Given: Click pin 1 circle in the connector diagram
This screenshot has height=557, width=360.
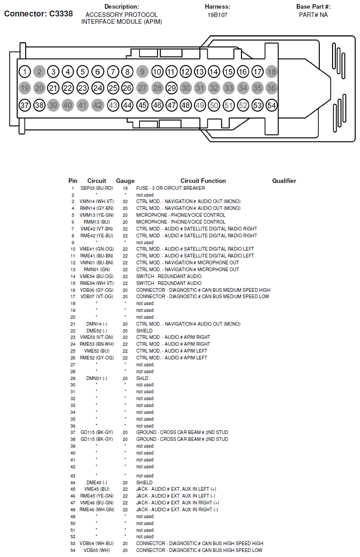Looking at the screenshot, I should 25,72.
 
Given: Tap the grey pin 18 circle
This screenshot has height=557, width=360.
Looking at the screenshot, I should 272,71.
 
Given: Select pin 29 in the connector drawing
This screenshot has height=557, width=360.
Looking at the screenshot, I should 171,88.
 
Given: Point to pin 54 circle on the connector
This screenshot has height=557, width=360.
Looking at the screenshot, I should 272,105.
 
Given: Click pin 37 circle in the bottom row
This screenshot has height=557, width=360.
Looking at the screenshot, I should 25,105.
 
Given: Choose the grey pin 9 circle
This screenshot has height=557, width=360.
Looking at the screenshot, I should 143,71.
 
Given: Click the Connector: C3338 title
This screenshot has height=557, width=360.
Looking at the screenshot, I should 38,14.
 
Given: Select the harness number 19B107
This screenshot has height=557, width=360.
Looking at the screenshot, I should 217,15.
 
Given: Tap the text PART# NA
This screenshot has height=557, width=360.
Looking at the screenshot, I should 313,15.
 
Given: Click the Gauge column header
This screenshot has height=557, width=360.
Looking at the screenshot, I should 125,181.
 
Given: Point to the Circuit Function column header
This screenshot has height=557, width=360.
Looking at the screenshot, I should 203,181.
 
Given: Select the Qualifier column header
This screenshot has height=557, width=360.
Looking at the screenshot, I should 284,181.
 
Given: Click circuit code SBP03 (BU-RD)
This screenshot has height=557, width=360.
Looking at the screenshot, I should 97,188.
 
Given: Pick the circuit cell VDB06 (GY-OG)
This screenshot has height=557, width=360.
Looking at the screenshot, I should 97,290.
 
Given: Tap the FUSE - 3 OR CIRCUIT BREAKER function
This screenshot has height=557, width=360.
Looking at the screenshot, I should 171,188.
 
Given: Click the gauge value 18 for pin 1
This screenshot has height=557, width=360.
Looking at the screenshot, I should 125,188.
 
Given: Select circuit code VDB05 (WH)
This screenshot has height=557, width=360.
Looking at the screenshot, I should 97,550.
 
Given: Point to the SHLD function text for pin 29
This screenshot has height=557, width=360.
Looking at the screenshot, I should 142,378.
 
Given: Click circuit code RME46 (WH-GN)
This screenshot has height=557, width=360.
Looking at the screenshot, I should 97,509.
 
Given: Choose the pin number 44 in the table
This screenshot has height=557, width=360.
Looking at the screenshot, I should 73,482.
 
